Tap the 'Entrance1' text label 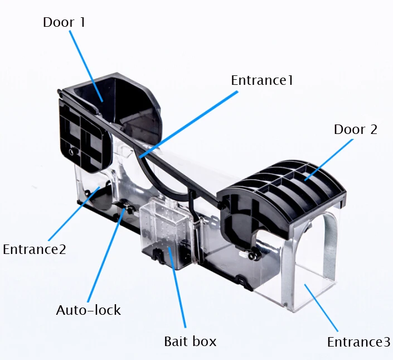(x=261, y=80)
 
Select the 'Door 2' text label (x=355, y=130)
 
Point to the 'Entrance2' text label (x=35, y=249)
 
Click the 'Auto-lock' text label (x=88, y=310)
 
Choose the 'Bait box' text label (x=190, y=340)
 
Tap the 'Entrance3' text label (x=358, y=342)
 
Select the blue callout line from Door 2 (x=329, y=160)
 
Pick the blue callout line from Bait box (x=177, y=290)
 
